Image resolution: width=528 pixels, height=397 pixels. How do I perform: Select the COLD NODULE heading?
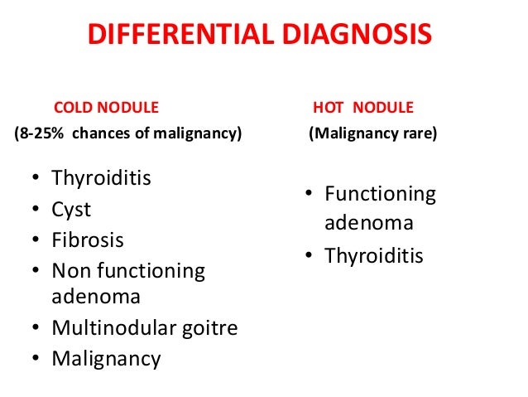pyautogui.click(x=106, y=108)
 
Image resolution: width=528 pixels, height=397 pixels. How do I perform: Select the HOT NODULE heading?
pyautogui.click(x=362, y=108)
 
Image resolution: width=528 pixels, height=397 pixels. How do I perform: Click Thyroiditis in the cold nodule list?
pyautogui.click(x=101, y=178)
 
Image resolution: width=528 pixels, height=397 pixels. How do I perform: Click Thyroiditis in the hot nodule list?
pyautogui.click(x=373, y=255)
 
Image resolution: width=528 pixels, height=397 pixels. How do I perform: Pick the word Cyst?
pyautogui.click(x=71, y=210)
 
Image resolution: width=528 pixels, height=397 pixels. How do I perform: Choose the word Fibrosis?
pyautogui.click(x=88, y=240)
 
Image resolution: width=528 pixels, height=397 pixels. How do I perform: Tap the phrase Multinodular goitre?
pyautogui.click(x=144, y=328)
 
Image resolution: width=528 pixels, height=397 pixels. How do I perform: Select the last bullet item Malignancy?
pyautogui.click(x=106, y=359)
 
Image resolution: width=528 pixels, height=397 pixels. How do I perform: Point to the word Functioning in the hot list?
pyautogui.click(x=380, y=194)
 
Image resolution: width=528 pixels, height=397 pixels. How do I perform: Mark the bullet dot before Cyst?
pyautogui.click(x=36, y=211)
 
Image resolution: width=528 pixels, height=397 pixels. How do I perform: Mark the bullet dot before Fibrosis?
pyautogui.click(x=36, y=241)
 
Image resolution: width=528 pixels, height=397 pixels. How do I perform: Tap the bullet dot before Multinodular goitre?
pyautogui.click(x=36, y=329)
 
